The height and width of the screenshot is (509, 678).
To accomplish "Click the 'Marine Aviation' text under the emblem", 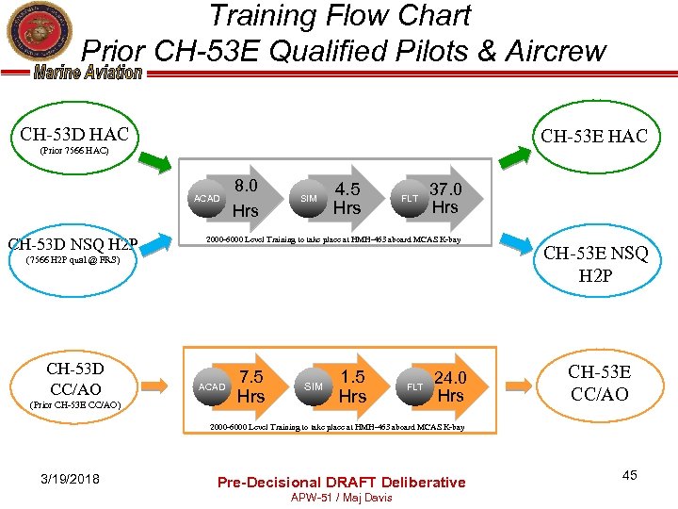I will coord(88,74).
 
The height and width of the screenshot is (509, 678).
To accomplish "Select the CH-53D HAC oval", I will coord(75,141).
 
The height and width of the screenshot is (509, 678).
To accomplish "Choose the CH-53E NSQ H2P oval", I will coord(596,264).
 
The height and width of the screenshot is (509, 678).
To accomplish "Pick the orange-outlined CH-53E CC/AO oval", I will coord(599,383).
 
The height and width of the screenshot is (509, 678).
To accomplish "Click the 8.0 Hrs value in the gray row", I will coord(246,198).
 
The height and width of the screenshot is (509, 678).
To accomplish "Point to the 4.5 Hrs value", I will coord(347,198).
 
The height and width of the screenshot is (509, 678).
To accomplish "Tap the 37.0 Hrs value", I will coord(444,198).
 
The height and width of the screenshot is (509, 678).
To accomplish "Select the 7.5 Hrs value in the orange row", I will coord(250,386).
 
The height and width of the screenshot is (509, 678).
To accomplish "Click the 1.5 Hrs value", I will coord(352,386).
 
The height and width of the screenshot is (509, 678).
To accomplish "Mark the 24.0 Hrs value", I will coord(450,386).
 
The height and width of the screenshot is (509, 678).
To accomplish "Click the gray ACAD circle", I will coord(206,199).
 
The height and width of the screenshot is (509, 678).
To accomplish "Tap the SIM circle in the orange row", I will coord(314,387).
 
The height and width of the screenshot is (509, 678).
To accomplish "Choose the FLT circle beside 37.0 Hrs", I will coord(410,199).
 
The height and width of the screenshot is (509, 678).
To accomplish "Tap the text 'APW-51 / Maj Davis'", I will coord(341,498).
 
